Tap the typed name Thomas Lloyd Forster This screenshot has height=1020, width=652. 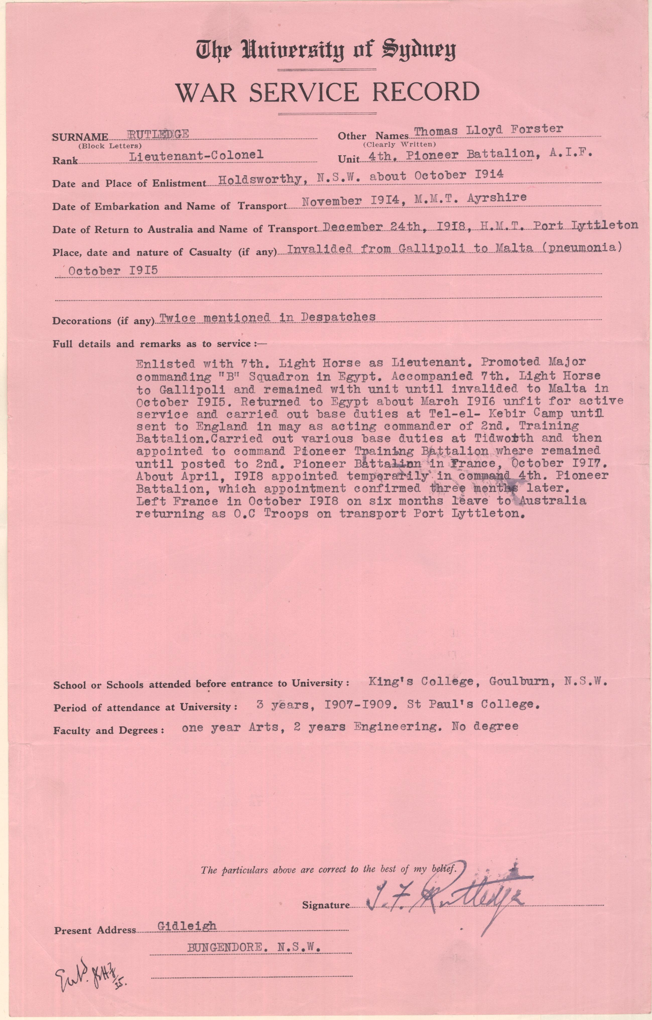click(x=488, y=130)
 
